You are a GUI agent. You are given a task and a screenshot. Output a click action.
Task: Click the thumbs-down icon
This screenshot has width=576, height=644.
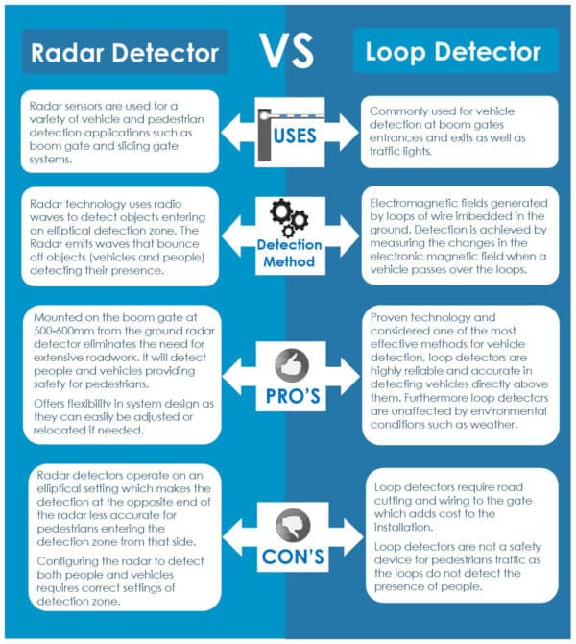tap(288, 525)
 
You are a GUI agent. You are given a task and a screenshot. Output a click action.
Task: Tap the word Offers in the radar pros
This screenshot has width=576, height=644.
tap(49, 405)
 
